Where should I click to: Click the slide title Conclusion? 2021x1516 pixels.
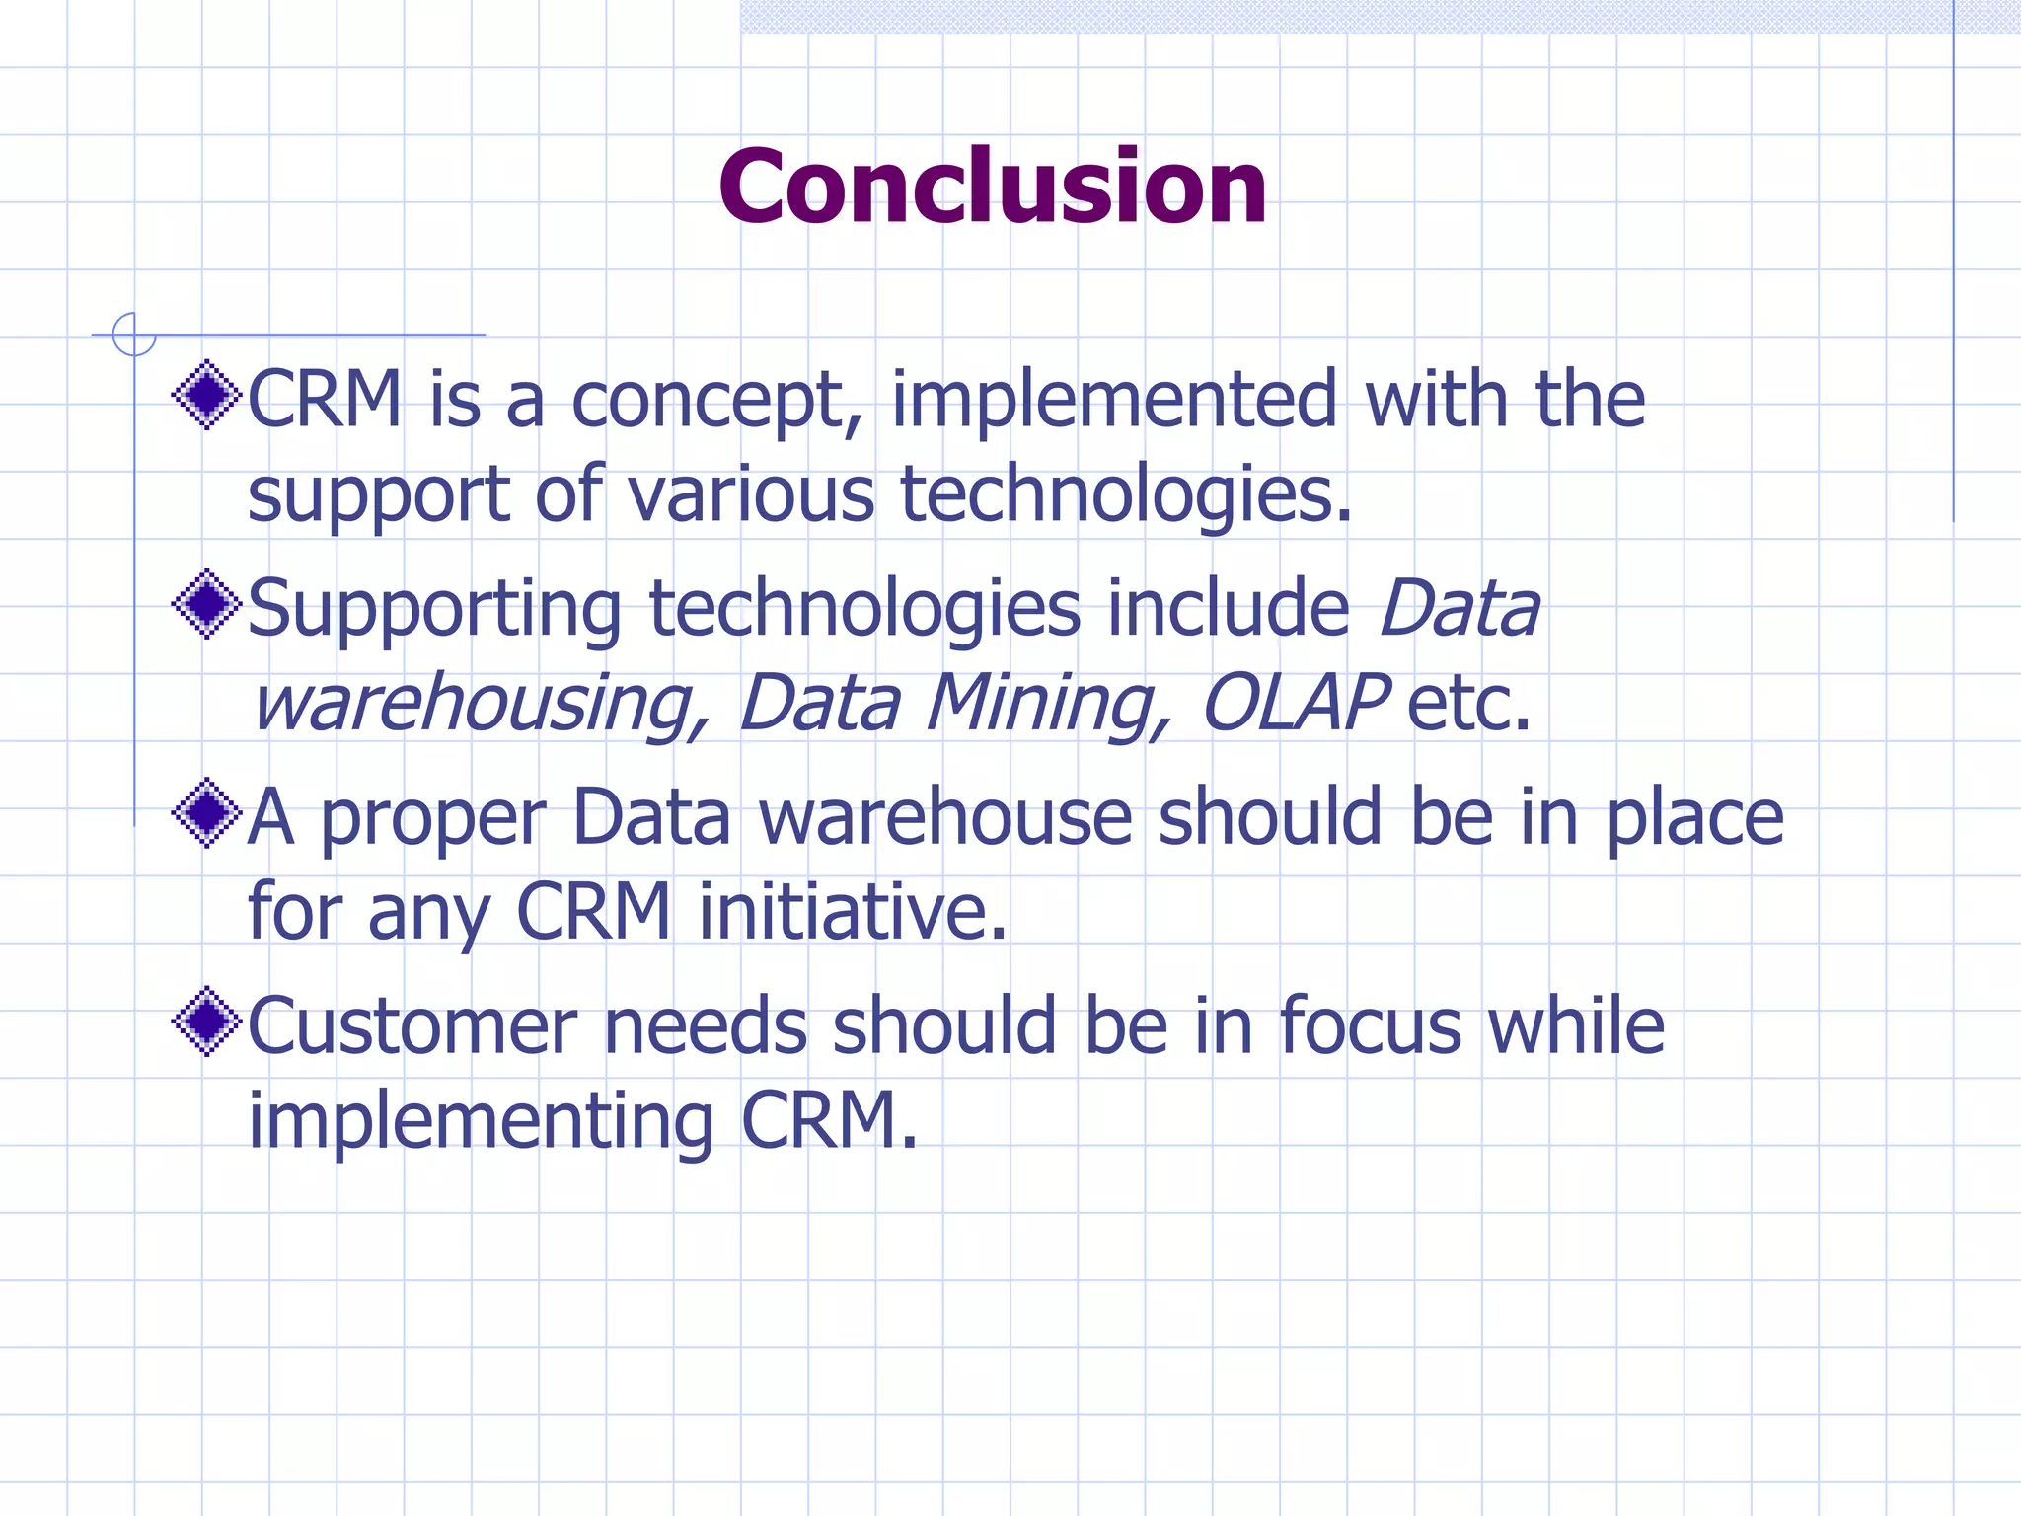(993, 187)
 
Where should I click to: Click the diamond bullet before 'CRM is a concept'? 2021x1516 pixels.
(206, 396)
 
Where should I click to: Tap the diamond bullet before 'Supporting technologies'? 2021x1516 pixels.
(206, 604)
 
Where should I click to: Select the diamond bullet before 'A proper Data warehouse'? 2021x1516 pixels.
(206, 813)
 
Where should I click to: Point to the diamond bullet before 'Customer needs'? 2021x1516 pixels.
(206, 1023)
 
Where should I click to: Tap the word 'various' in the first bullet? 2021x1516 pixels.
(751, 493)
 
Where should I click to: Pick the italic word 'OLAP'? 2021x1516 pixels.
(1295, 702)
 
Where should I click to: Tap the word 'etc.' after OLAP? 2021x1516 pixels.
(1469, 703)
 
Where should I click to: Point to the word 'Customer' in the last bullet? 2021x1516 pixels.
(412, 1026)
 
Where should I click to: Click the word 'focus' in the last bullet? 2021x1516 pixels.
(1371, 1026)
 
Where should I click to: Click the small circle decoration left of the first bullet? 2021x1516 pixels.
(134, 335)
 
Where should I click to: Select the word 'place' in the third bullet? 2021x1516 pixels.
(1694, 819)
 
